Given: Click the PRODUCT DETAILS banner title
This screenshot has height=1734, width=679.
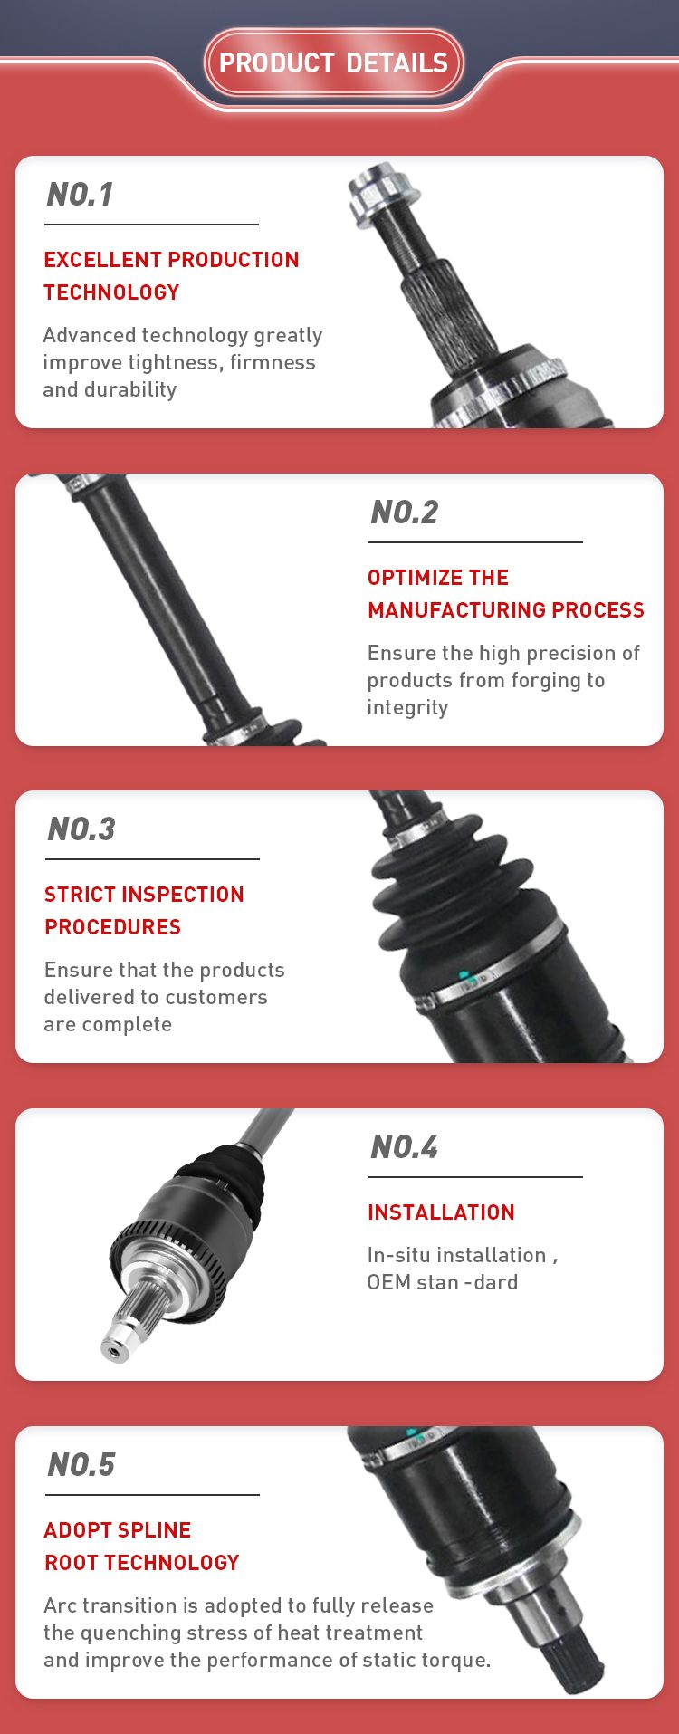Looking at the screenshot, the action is point(333,62).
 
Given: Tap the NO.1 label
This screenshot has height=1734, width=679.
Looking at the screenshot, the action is point(80,195).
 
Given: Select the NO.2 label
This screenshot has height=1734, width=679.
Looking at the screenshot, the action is point(404,513).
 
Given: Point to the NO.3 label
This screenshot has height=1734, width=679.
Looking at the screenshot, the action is point(81,829).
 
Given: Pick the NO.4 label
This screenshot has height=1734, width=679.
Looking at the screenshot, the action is point(404,1147).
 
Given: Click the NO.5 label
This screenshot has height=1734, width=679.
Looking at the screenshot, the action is point(81,1465).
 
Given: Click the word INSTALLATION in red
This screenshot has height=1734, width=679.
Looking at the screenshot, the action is point(441,1212).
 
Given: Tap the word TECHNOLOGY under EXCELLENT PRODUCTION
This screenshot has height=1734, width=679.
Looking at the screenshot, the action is point(111,292).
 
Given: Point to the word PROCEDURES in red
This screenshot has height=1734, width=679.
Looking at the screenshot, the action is point(112,927).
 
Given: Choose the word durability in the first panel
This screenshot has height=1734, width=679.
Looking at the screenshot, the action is point(129,390).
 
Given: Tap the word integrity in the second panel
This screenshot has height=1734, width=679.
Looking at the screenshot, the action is point(407,708).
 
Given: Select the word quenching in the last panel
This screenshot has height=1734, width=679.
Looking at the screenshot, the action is point(124,1633).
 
